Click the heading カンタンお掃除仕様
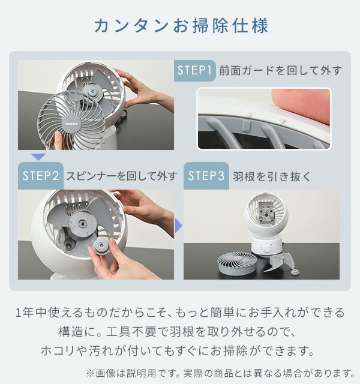pos(181,25)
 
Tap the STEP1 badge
pos(194,71)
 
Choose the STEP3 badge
pos(206,176)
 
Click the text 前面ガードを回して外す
pos(280,71)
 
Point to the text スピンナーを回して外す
pos(121,176)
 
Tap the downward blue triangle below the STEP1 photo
pos(38,157)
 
